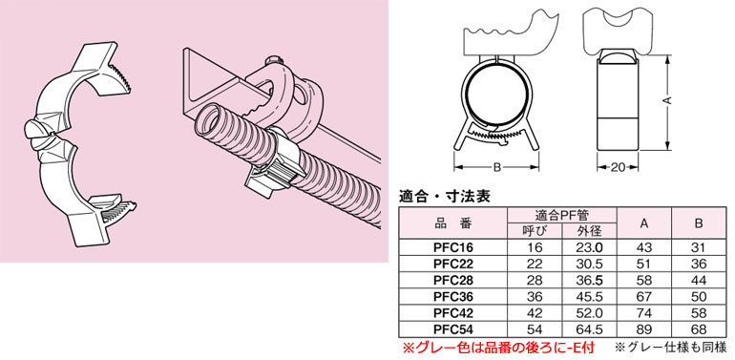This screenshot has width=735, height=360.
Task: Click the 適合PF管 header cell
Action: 562,215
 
